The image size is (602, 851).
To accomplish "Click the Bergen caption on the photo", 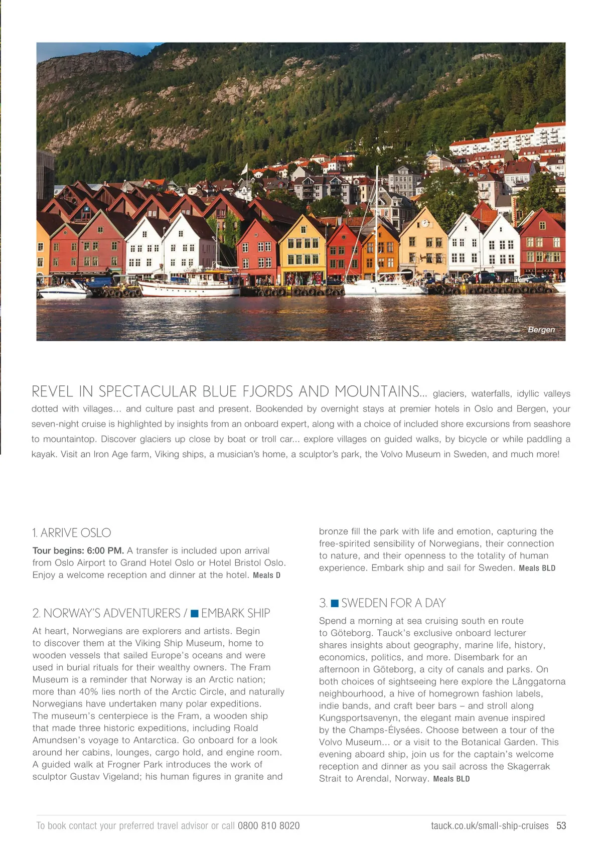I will pyautogui.click(x=541, y=330).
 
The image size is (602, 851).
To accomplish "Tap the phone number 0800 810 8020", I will pyautogui.click(x=268, y=826).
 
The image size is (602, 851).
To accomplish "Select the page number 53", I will pyautogui.click(x=561, y=826).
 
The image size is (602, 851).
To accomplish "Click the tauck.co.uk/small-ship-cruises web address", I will pyautogui.click(x=490, y=826).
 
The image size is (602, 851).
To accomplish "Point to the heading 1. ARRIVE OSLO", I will pyautogui.click(x=72, y=533).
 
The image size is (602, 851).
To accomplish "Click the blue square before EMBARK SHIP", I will pyautogui.click(x=195, y=614).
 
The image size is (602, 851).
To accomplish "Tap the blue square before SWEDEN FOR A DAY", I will pyautogui.click(x=335, y=603).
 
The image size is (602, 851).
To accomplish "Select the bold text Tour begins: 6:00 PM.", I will pyautogui.click(x=78, y=551).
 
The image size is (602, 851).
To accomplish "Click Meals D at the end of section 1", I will pyautogui.click(x=266, y=576).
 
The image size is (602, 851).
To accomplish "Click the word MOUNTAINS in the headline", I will pyautogui.click(x=377, y=391).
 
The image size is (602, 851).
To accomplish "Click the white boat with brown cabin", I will pyautogui.click(x=190, y=285).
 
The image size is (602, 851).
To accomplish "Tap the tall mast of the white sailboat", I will pyautogui.click(x=376, y=221).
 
